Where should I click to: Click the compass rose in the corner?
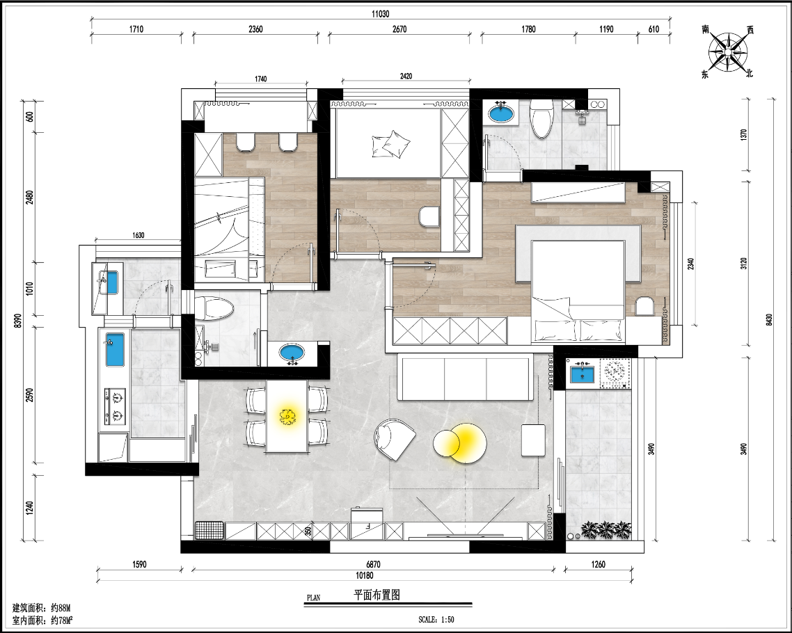(728, 51)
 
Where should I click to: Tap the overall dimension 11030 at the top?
(381, 14)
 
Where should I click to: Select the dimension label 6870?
(373, 564)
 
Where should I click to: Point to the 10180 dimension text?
(365, 575)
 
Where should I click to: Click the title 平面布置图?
(377, 595)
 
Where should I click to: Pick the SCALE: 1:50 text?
(436, 619)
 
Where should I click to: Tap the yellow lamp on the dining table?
(287, 417)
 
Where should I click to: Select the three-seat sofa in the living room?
(465, 377)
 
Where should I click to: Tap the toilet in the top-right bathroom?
(541, 119)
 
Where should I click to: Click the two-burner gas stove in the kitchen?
(115, 406)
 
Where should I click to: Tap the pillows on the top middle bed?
(390, 144)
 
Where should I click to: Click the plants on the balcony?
(606, 530)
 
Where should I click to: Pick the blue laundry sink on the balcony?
(583, 374)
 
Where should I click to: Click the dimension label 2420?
(406, 77)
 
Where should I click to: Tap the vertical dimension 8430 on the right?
(770, 319)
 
